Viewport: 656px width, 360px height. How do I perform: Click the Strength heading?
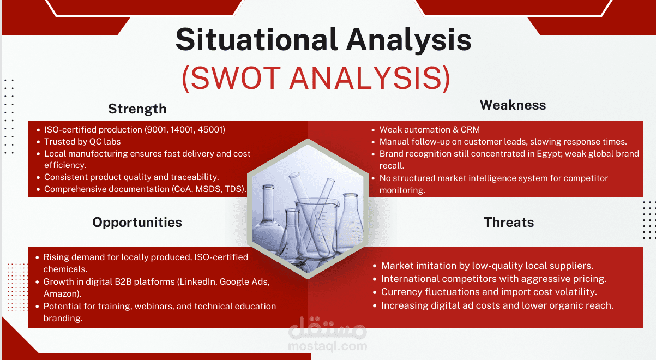coord(137,109)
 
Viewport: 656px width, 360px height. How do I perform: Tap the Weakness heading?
coord(513,105)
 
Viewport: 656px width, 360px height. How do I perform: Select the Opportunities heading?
coord(137,223)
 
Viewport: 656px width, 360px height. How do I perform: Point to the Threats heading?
coord(509,223)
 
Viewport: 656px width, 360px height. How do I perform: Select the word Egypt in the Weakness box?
coord(549,154)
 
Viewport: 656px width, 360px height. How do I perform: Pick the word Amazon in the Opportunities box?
coord(61,294)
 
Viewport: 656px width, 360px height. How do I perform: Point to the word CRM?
coord(471,129)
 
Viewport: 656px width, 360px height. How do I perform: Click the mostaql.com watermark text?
coord(327,346)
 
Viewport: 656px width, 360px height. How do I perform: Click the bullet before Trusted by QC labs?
coord(38,142)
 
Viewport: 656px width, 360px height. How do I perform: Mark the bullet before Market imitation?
coord(375,266)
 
